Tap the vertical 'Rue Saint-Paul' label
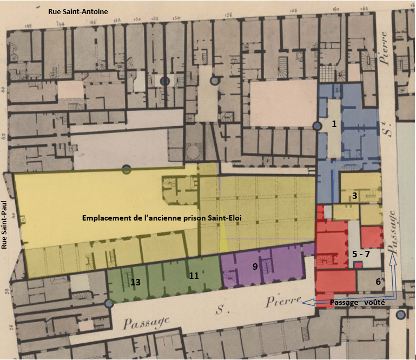coord(4,230)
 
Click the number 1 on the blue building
coord(334,124)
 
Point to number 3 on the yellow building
coord(354,196)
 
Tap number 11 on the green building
coord(194,275)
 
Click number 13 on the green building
coord(135,282)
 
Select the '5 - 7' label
coord(361,253)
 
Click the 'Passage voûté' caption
coord(357,302)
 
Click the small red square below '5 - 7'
coord(358,264)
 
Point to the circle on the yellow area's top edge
coord(127,169)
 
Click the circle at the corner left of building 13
coord(109,304)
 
